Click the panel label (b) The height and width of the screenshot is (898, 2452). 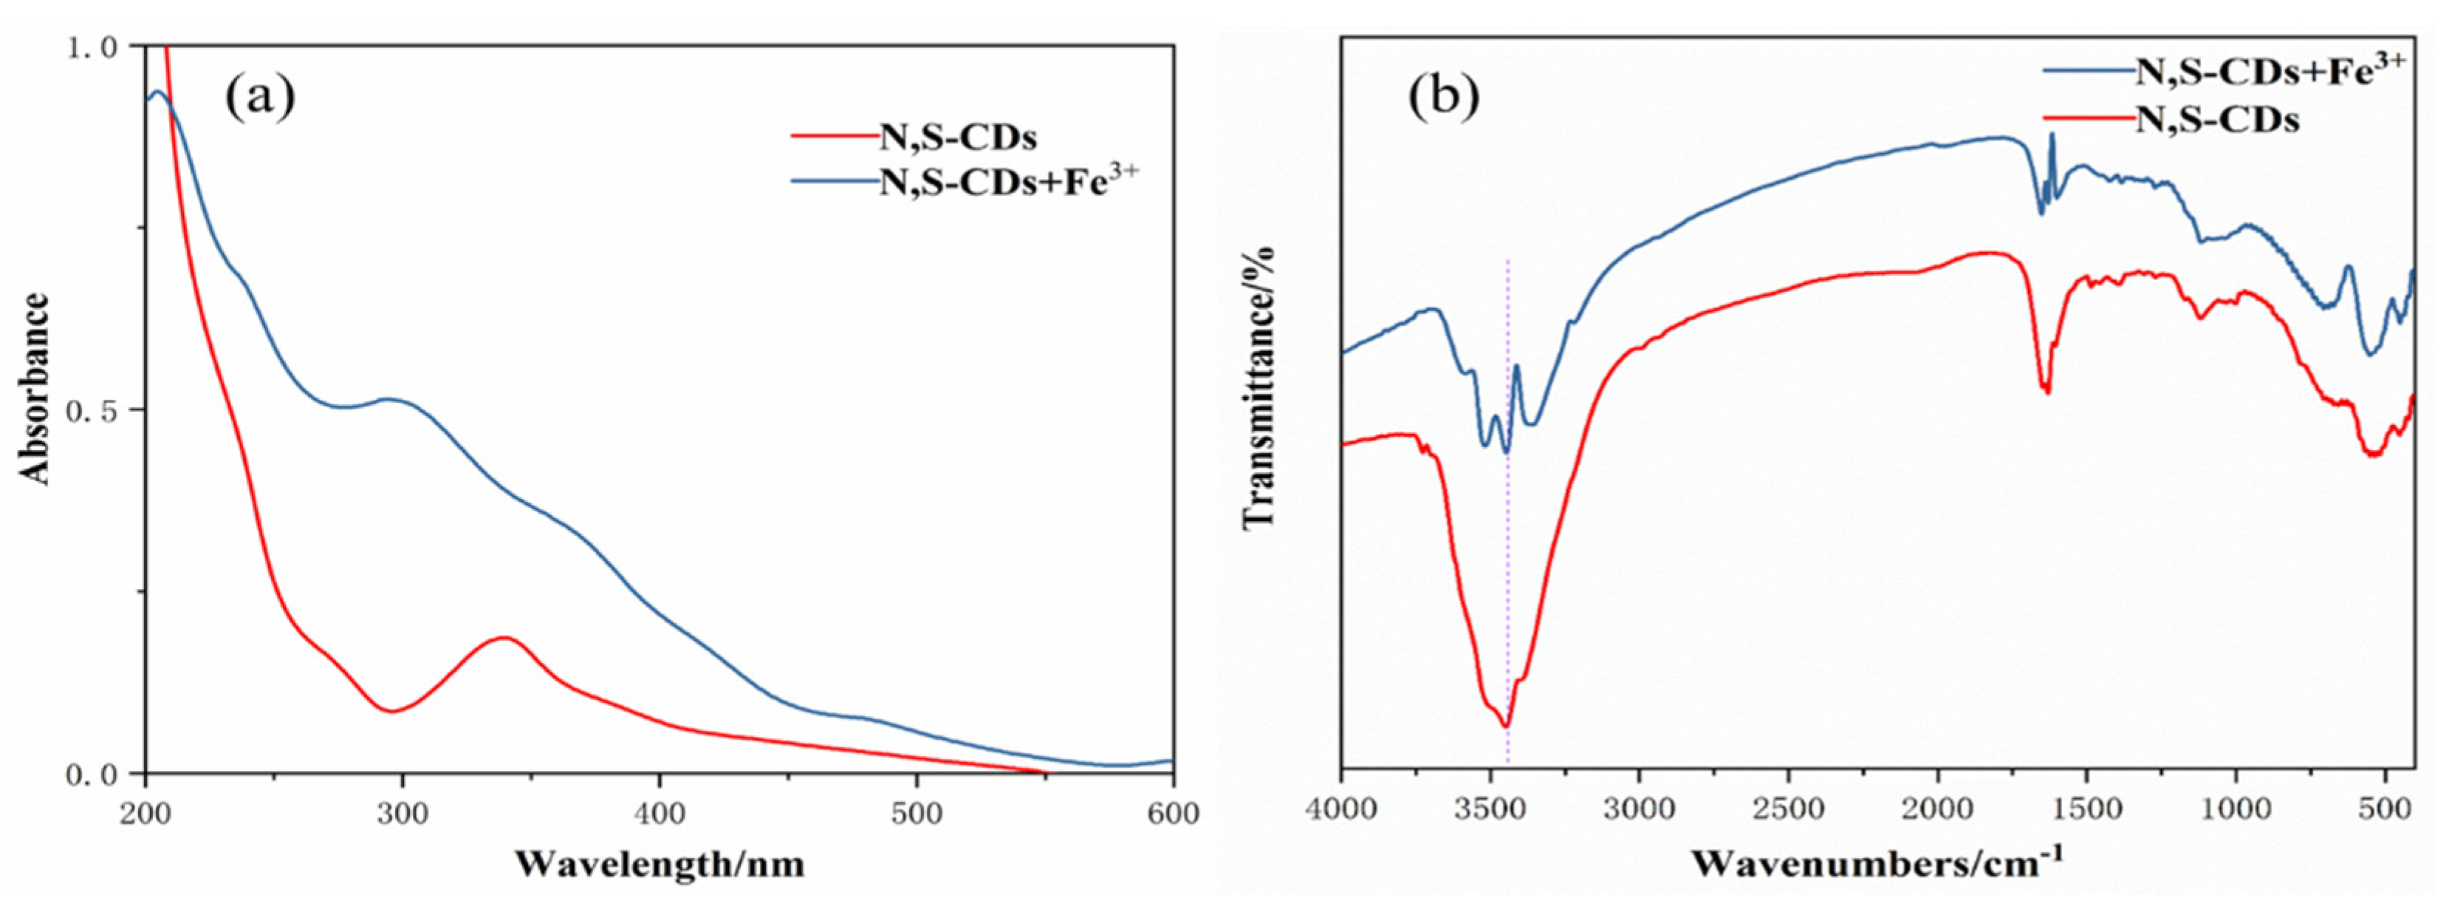click(x=1444, y=95)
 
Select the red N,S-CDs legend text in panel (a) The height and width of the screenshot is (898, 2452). click(x=958, y=137)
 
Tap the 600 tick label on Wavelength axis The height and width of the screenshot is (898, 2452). click(x=1172, y=814)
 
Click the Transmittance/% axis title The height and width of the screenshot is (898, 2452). click(x=1258, y=386)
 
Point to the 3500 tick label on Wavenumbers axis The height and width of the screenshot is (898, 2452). click(x=1490, y=810)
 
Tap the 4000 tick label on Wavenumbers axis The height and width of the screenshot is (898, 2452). click(x=1341, y=810)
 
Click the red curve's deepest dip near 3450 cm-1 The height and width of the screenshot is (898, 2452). click(x=1506, y=727)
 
